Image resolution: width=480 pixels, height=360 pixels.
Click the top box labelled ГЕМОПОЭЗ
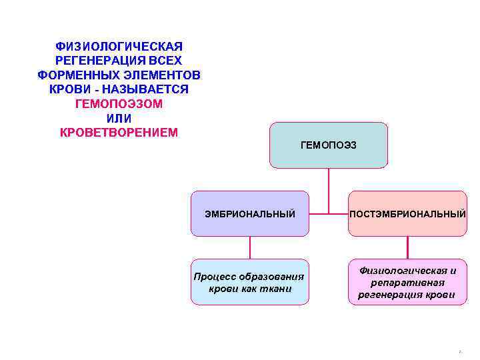(328, 145)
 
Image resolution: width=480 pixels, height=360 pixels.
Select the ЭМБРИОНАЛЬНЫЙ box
(250, 213)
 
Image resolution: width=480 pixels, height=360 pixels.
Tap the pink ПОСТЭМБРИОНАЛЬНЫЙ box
(407, 213)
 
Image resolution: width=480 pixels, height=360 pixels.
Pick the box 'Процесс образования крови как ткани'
(250, 282)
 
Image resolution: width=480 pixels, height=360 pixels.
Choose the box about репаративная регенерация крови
(407, 282)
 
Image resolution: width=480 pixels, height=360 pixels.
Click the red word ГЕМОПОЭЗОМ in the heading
(119, 104)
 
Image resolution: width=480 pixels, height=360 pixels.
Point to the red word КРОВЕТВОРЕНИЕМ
(119, 132)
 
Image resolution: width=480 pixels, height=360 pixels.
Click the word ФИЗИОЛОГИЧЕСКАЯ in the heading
(119, 47)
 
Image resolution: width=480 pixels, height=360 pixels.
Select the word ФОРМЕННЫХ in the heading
(75, 75)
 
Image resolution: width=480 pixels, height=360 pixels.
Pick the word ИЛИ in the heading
(119, 118)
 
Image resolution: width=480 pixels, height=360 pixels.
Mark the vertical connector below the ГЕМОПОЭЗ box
(328, 190)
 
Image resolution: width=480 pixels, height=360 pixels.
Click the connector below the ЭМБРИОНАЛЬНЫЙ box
(250, 247)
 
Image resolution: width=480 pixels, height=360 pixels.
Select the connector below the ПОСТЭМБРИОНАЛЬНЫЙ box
(407, 247)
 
